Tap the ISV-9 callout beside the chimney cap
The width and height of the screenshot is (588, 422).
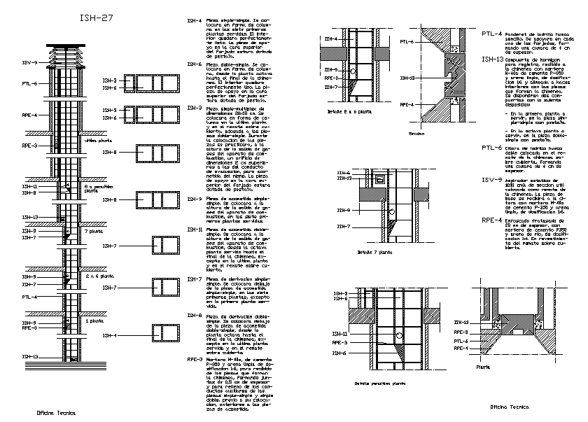tap(29, 63)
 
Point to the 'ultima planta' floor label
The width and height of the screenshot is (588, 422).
tap(97, 140)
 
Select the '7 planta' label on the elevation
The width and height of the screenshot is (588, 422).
tap(92, 230)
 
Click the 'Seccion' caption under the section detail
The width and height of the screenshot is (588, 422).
tap(417, 133)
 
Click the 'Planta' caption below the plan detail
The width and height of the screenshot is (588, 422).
tap(483, 366)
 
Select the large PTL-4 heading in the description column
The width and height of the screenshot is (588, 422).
tap(491, 34)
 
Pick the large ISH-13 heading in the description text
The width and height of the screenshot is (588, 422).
tap(493, 60)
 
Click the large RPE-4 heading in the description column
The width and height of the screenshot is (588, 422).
tap(492, 220)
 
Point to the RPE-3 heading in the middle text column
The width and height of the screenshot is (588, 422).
tap(195, 359)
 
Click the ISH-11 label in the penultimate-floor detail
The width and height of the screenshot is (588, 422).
tap(339, 334)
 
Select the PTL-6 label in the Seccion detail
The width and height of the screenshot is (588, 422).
tap(407, 42)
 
